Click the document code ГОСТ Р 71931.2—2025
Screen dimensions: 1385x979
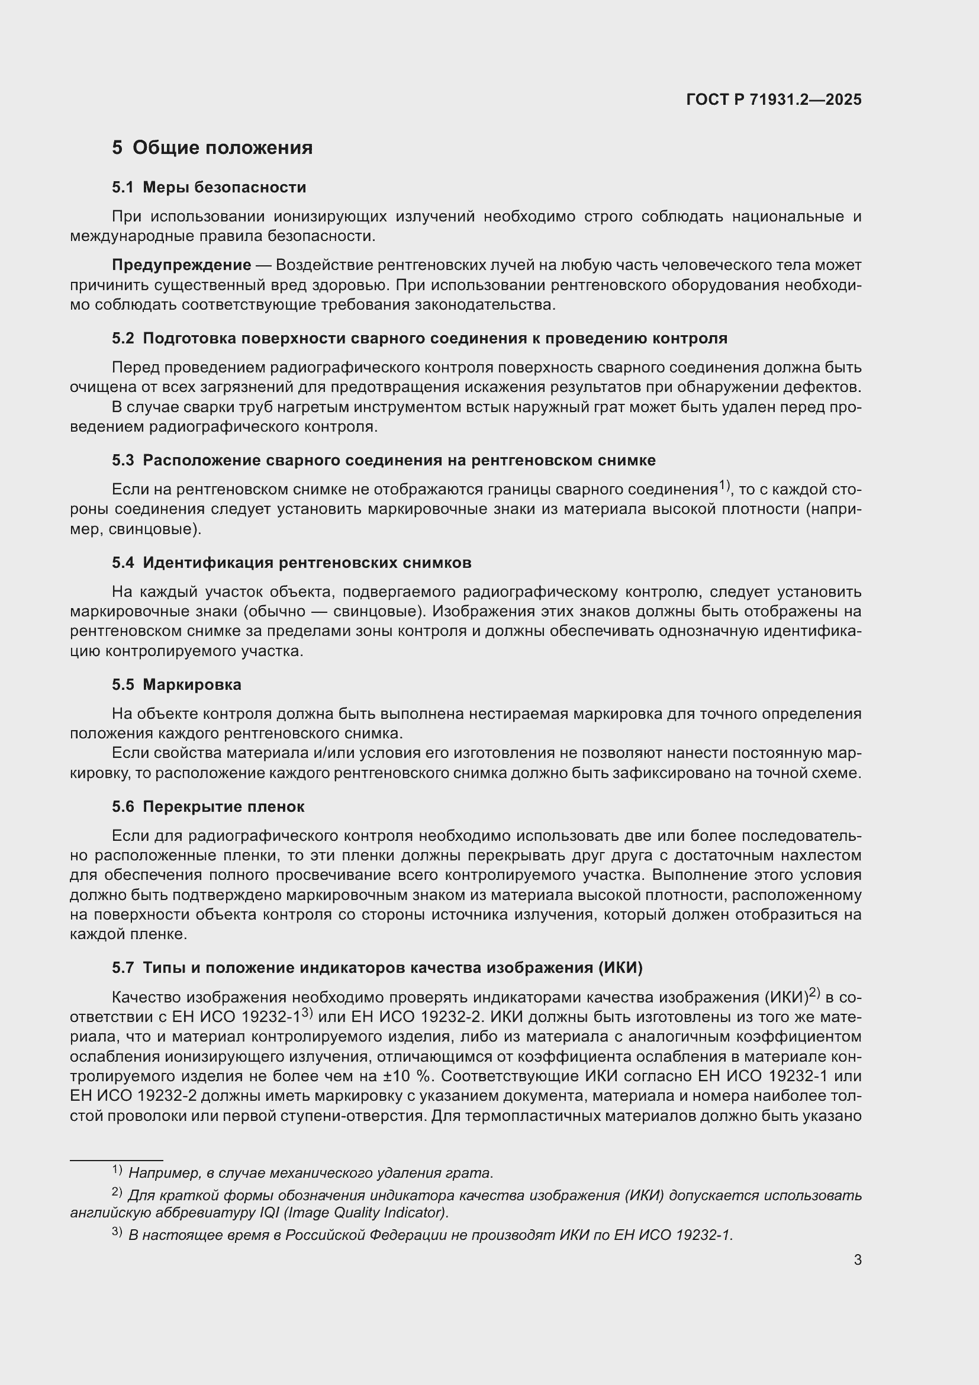coord(774,99)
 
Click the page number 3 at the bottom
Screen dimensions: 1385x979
coord(857,1259)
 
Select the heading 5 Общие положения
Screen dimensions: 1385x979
coord(212,147)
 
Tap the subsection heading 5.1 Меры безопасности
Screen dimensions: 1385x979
coord(208,187)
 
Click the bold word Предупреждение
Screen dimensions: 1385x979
coord(182,265)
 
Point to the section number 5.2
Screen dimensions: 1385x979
coord(123,339)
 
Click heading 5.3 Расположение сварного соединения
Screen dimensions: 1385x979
coord(384,460)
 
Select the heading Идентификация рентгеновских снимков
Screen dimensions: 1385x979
coord(307,563)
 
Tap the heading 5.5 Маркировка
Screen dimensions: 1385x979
coord(176,685)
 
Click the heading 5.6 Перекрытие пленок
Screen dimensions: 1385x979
coord(208,806)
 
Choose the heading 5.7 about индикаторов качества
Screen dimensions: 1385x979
coord(377,968)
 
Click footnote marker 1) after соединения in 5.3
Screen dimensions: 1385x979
coord(724,484)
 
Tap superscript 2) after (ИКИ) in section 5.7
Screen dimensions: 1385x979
coord(814,992)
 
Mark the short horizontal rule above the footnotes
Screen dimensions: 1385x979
coord(117,1159)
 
